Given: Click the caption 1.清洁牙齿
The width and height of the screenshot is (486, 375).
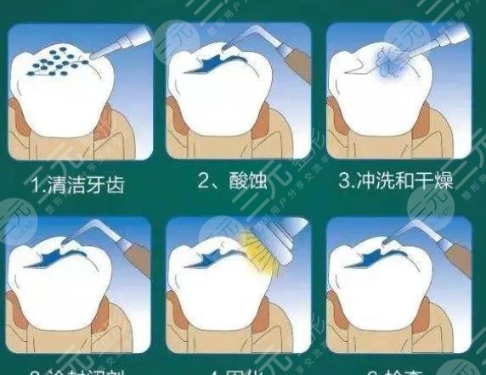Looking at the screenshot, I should (x=79, y=185).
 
